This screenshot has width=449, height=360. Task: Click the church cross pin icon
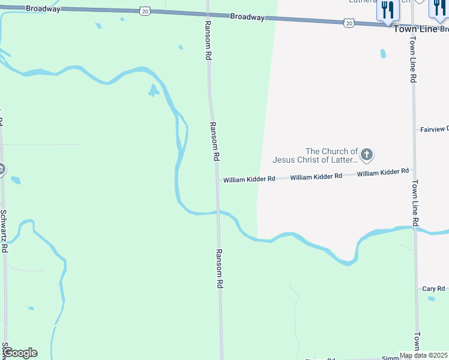click(x=366, y=155)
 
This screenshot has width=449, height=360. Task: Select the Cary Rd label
click(x=433, y=289)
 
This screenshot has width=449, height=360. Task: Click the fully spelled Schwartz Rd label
click(x=4, y=230)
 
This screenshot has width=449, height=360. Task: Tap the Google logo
click(x=20, y=353)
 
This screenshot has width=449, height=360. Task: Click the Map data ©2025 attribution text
click(x=423, y=355)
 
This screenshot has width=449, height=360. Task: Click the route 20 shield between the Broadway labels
click(x=145, y=10)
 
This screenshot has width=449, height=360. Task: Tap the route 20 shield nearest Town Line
click(x=349, y=23)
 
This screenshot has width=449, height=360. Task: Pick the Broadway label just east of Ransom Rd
click(x=247, y=17)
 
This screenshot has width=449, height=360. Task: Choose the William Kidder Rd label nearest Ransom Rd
click(x=249, y=179)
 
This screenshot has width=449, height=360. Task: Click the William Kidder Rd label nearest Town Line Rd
click(x=382, y=173)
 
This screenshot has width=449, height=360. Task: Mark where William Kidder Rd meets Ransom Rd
click(x=217, y=180)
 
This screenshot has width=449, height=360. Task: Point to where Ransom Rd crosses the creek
click(x=219, y=212)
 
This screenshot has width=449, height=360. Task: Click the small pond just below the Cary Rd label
click(x=431, y=298)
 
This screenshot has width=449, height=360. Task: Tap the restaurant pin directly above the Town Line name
click(x=387, y=11)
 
